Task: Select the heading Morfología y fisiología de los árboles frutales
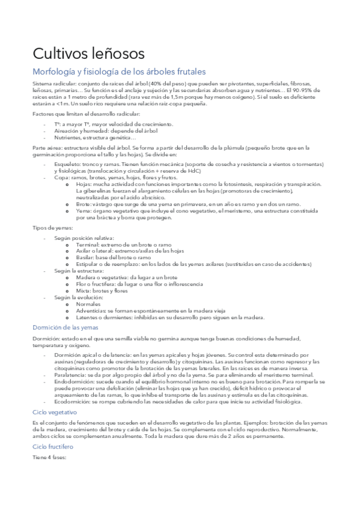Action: [x=119, y=72]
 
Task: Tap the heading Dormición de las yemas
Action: [x=66, y=327]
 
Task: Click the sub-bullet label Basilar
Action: [x=86, y=257]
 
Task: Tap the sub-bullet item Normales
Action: [x=89, y=304]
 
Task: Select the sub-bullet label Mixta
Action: [x=84, y=290]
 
